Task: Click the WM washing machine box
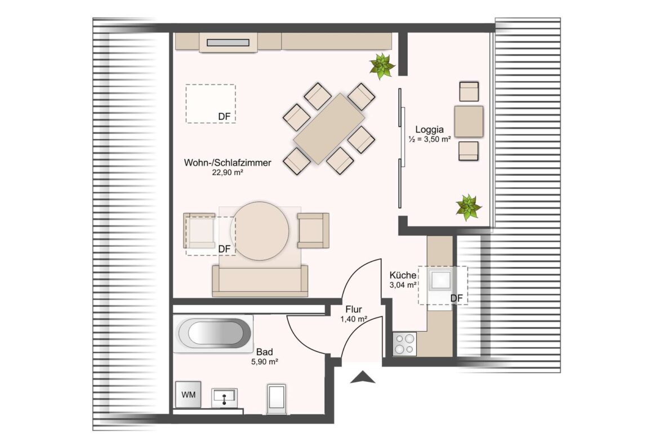tap(188, 394)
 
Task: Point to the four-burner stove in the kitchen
tap(405, 343)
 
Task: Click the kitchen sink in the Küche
tap(440, 279)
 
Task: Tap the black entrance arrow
tap(363, 377)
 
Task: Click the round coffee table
tap(260, 231)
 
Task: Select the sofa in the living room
tap(260, 280)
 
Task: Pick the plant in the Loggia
tap(469, 207)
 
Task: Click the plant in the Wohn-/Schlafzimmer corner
tap(382, 66)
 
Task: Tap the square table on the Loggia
tap(469, 122)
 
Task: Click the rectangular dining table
tap(329, 128)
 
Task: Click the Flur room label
tap(354, 310)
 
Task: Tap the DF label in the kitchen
tap(456, 298)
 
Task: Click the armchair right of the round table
tap(313, 230)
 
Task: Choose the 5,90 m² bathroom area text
tap(264, 361)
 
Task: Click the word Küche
tap(403, 275)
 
